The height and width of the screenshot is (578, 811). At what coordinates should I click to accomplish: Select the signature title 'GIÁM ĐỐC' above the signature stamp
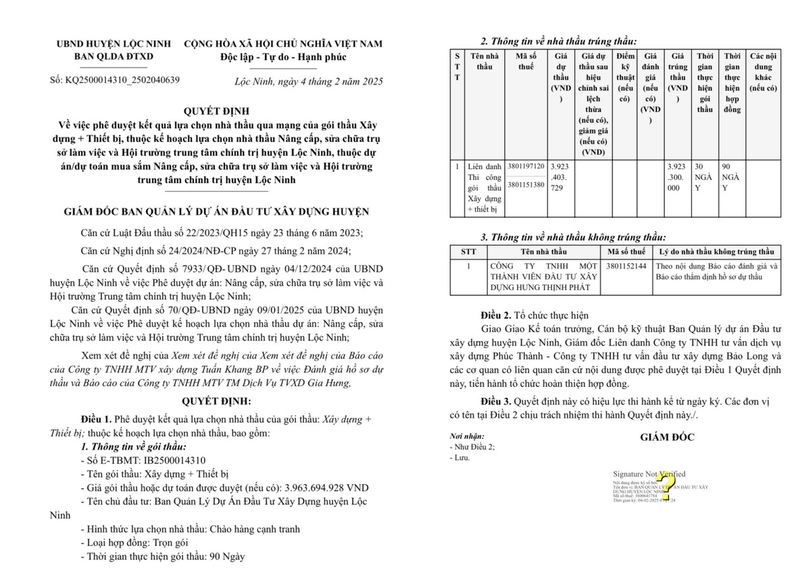pyautogui.click(x=667, y=438)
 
